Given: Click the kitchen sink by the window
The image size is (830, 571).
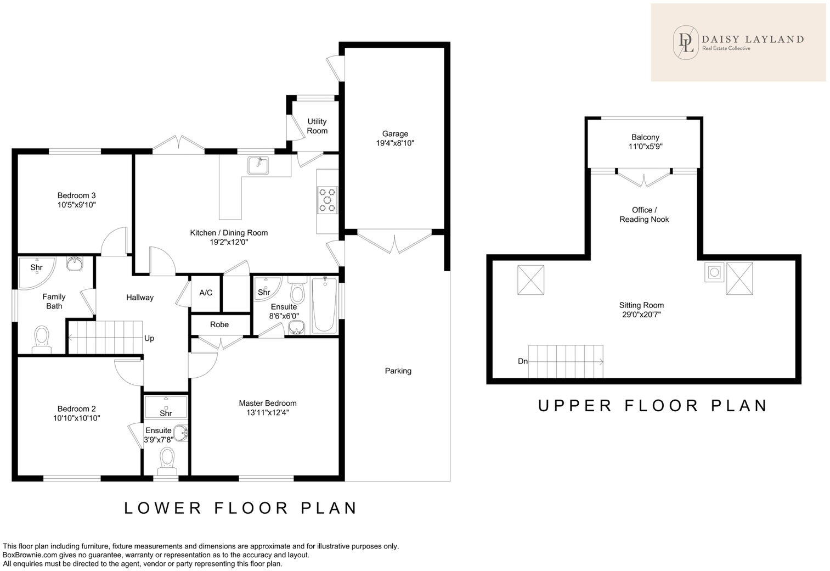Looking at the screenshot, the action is click(258, 165).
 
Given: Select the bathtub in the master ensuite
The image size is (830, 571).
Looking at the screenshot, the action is click(324, 305).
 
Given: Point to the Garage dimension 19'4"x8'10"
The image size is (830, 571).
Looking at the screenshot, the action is click(395, 143).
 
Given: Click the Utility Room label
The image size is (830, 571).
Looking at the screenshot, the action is click(317, 126).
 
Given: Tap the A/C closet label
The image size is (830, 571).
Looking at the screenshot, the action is click(206, 293).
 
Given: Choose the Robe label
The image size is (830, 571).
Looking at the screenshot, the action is click(219, 324).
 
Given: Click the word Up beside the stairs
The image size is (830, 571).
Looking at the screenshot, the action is click(149, 338).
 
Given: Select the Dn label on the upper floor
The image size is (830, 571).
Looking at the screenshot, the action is click(523, 361).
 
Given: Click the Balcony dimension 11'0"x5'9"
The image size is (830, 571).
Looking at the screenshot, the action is click(646, 147).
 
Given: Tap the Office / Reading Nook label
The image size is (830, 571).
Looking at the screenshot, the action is click(644, 215).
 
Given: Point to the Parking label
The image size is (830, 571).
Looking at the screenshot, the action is click(398, 371).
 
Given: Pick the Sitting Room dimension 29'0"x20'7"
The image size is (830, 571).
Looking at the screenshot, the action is click(641, 315).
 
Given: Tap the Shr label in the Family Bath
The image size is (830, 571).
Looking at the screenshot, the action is click(36, 267).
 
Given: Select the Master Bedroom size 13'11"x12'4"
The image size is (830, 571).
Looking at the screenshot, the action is click(268, 413).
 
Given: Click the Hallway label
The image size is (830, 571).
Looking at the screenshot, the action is click(140, 298).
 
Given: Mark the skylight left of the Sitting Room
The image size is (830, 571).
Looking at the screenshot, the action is click(530, 280).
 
